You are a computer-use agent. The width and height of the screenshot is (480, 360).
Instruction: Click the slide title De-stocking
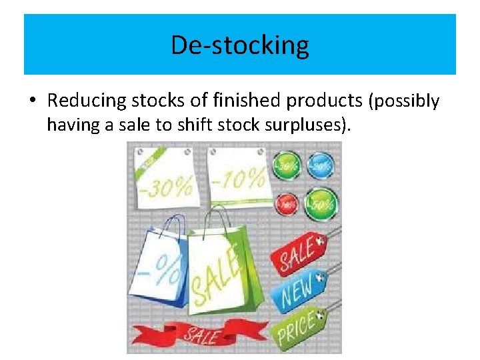point(240,45)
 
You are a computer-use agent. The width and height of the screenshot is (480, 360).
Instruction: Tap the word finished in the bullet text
point(246,101)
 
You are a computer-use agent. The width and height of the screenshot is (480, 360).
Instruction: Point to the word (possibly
point(404,101)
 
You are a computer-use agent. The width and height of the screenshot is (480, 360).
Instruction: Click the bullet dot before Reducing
point(32,101)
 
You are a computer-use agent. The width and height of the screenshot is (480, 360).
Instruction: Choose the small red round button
point(287,203)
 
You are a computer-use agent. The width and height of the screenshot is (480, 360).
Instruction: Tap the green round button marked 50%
point(321,203)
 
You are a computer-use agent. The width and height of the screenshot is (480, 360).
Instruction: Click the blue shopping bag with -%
point(157,267)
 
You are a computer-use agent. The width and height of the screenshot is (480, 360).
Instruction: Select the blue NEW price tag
point(298,287)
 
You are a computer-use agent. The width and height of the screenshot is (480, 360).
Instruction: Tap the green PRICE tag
point(299,326)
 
